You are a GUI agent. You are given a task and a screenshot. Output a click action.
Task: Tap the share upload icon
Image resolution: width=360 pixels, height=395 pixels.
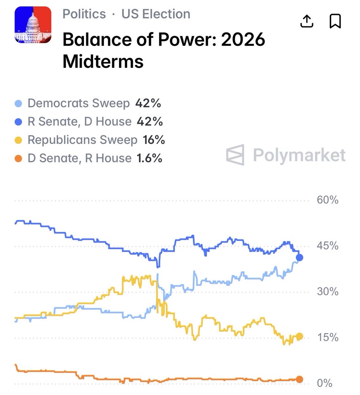[307, 21]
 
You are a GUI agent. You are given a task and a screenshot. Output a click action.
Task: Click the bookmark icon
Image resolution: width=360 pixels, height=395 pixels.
[335, 21]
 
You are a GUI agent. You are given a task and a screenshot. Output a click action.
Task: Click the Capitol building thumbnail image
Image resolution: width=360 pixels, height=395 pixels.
[33, 25]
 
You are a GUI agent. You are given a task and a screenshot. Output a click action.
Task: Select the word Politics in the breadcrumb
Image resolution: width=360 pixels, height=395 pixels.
[84, 14]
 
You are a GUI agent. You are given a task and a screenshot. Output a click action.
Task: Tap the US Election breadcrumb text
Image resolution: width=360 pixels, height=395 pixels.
[156, 14]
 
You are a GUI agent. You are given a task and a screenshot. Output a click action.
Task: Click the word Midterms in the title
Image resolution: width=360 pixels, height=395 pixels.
[103, 61]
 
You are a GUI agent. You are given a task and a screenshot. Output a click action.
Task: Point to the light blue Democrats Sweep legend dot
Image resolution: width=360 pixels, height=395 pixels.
[19, 104]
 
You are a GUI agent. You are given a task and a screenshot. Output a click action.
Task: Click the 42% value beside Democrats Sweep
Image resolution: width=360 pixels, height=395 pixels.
[148, 103]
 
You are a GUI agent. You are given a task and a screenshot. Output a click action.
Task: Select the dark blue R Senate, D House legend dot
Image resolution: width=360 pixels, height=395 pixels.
[19, 122]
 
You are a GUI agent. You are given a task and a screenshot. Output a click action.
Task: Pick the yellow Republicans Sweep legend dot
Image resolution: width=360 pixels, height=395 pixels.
[19, 140]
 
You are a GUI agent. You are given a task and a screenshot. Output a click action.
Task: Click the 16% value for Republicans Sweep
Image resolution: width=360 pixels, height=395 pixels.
[154, 140]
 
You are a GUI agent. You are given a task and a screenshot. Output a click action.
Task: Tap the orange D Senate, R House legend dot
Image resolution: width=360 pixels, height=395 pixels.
[19, 159]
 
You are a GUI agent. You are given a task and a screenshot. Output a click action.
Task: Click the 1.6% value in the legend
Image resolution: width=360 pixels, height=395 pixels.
[150, 158]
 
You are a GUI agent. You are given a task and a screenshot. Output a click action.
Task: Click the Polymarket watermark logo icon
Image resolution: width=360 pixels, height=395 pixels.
[235, 155]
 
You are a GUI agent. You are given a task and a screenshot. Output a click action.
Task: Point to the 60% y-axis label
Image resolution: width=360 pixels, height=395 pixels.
[327, 200]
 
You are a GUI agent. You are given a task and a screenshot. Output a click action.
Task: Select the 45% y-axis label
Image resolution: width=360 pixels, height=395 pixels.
[327, 246]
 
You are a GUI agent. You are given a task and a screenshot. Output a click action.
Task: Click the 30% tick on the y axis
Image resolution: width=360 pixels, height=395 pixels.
[327, 291]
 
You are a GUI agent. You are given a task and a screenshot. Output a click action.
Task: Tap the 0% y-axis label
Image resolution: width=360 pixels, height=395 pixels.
[324, 383]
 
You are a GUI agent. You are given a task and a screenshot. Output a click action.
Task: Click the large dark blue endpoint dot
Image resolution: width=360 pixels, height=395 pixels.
[299, 257]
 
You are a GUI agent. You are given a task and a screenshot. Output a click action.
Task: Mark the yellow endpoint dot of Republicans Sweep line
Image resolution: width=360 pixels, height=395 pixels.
[299, 336]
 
